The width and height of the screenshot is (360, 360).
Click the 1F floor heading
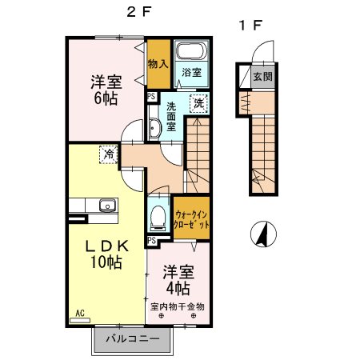[247, 25]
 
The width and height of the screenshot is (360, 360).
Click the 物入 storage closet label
[158, 65]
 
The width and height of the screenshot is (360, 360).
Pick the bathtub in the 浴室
[190, 53]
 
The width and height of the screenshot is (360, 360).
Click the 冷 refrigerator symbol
[106, 154]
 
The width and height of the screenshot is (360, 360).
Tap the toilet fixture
[158, 216]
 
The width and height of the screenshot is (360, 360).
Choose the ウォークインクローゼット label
[192, 219]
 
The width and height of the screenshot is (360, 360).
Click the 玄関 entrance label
[262, 78]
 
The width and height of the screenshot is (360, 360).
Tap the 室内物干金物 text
[178, 306]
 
